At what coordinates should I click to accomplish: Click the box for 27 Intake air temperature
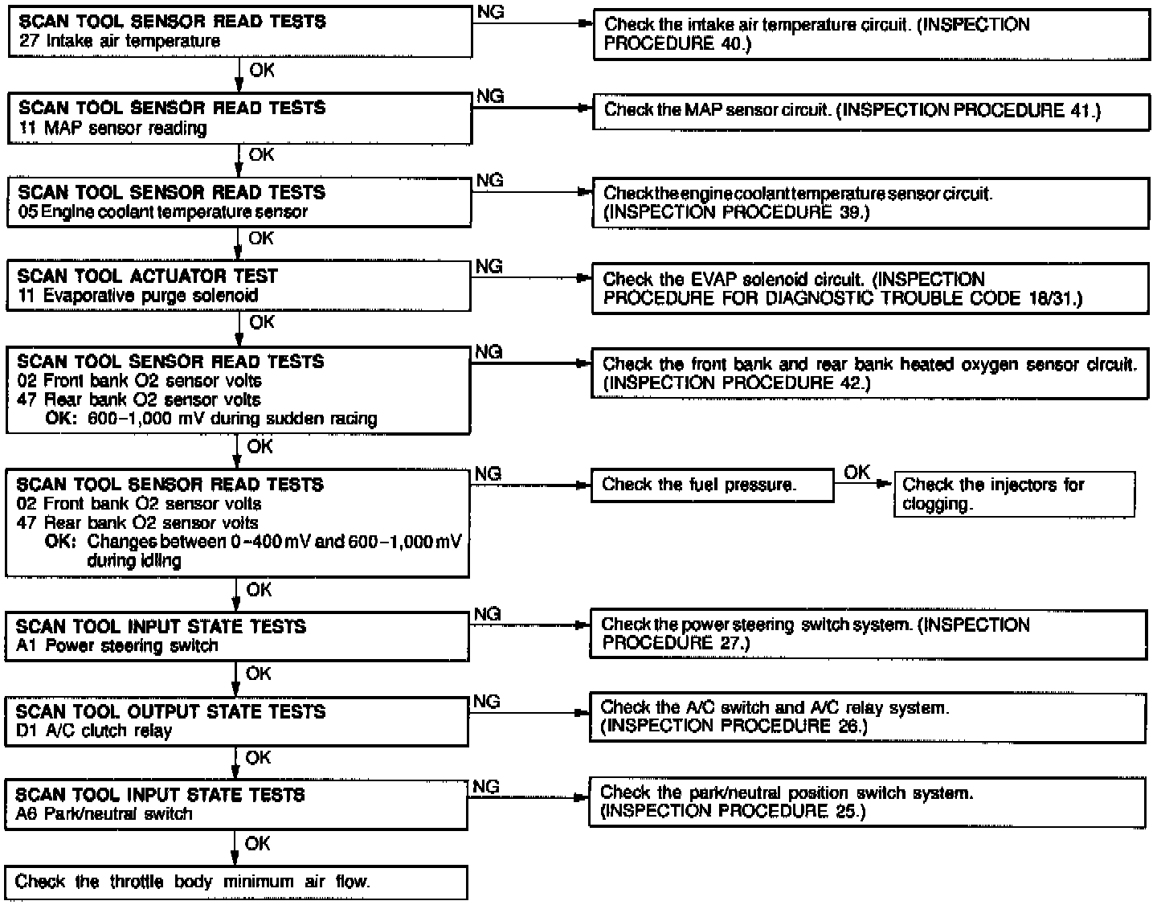pos(239,31)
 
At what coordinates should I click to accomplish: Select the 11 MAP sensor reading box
pos(239,118)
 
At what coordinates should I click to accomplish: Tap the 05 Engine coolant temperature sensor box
pos(239,202)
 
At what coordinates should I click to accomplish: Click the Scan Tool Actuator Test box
pos(239,285)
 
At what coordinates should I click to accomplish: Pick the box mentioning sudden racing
pos(238,390)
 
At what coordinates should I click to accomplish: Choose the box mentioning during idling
pos(237,522)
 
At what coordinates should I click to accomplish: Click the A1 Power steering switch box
pos(237,636)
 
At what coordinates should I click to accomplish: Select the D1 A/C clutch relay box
pos(236,721)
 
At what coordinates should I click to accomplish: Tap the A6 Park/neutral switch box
pos(236,804)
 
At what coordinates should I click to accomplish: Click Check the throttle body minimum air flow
pos(236,882)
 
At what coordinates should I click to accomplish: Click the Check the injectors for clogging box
pos(1014,493)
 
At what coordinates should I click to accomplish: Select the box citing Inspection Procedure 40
pos(871,34)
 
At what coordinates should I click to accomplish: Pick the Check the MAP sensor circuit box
pos(871,111)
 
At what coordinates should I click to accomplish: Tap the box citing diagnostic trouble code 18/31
pos(871,289)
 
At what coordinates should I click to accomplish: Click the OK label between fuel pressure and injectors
pos(857,473)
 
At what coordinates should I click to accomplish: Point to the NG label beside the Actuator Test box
pos(489,266)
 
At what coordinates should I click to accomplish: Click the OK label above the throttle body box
pos(258,843)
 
